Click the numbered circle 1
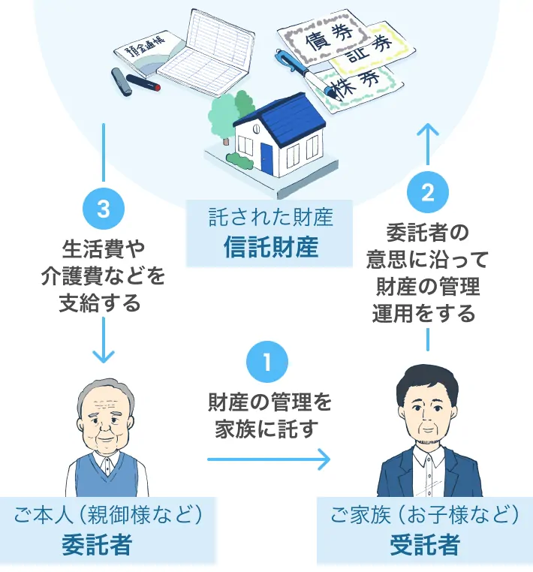(x=267, y=363)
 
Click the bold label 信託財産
(x=271, y=248)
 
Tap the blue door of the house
(x=267, y=158)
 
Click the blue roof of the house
(x=286, y=116)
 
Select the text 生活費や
(x=102, y=248)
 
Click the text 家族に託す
(x=267, y=429)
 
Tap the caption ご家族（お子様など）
(x=425, y=515)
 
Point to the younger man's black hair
(x=425, y=383)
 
